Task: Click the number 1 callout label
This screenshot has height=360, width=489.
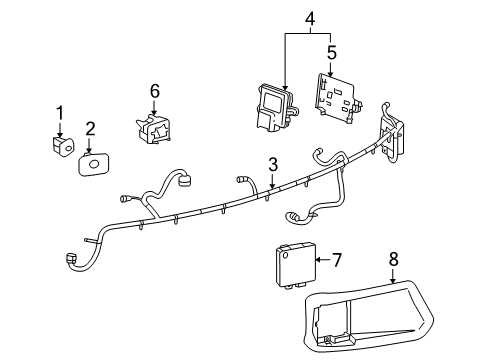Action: coord(59,112)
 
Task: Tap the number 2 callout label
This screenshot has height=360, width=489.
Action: coord(90,128)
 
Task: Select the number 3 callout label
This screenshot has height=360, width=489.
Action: coord(272,164)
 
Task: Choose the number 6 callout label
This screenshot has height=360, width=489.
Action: coord(155,91)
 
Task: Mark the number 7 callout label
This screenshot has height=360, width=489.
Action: coord(337,261)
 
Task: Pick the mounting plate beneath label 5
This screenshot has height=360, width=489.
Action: coord(339,96)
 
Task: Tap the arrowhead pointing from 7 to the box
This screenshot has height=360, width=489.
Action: coord(319,261)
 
